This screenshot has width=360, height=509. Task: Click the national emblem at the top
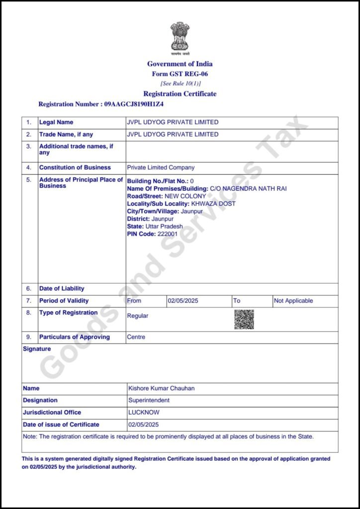coord(180,37)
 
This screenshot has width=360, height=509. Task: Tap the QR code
coord(244,319)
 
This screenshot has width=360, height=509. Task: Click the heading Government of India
coord(180,64)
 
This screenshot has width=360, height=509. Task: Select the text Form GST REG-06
coord(180,74)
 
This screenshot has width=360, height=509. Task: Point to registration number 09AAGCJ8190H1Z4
coord(134,104)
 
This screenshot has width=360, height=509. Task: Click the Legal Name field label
coord(56,122)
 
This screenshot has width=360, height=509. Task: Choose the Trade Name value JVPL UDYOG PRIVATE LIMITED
coord(173,134)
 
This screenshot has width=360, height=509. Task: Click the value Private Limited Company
coord(161,168)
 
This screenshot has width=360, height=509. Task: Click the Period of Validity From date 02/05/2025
coord(183,301)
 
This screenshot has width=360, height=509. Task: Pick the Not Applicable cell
coord(293,301)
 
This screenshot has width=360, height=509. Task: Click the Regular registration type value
coord(138,316)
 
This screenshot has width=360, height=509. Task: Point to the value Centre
coord(136,337)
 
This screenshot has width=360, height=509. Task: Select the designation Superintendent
coord(149,400)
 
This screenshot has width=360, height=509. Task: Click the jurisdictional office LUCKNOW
coord(144,412)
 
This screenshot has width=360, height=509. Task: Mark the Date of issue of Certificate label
coord(61,424)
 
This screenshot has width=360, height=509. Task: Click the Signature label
coord(37,349)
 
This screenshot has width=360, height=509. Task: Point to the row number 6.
coord(29,288)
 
